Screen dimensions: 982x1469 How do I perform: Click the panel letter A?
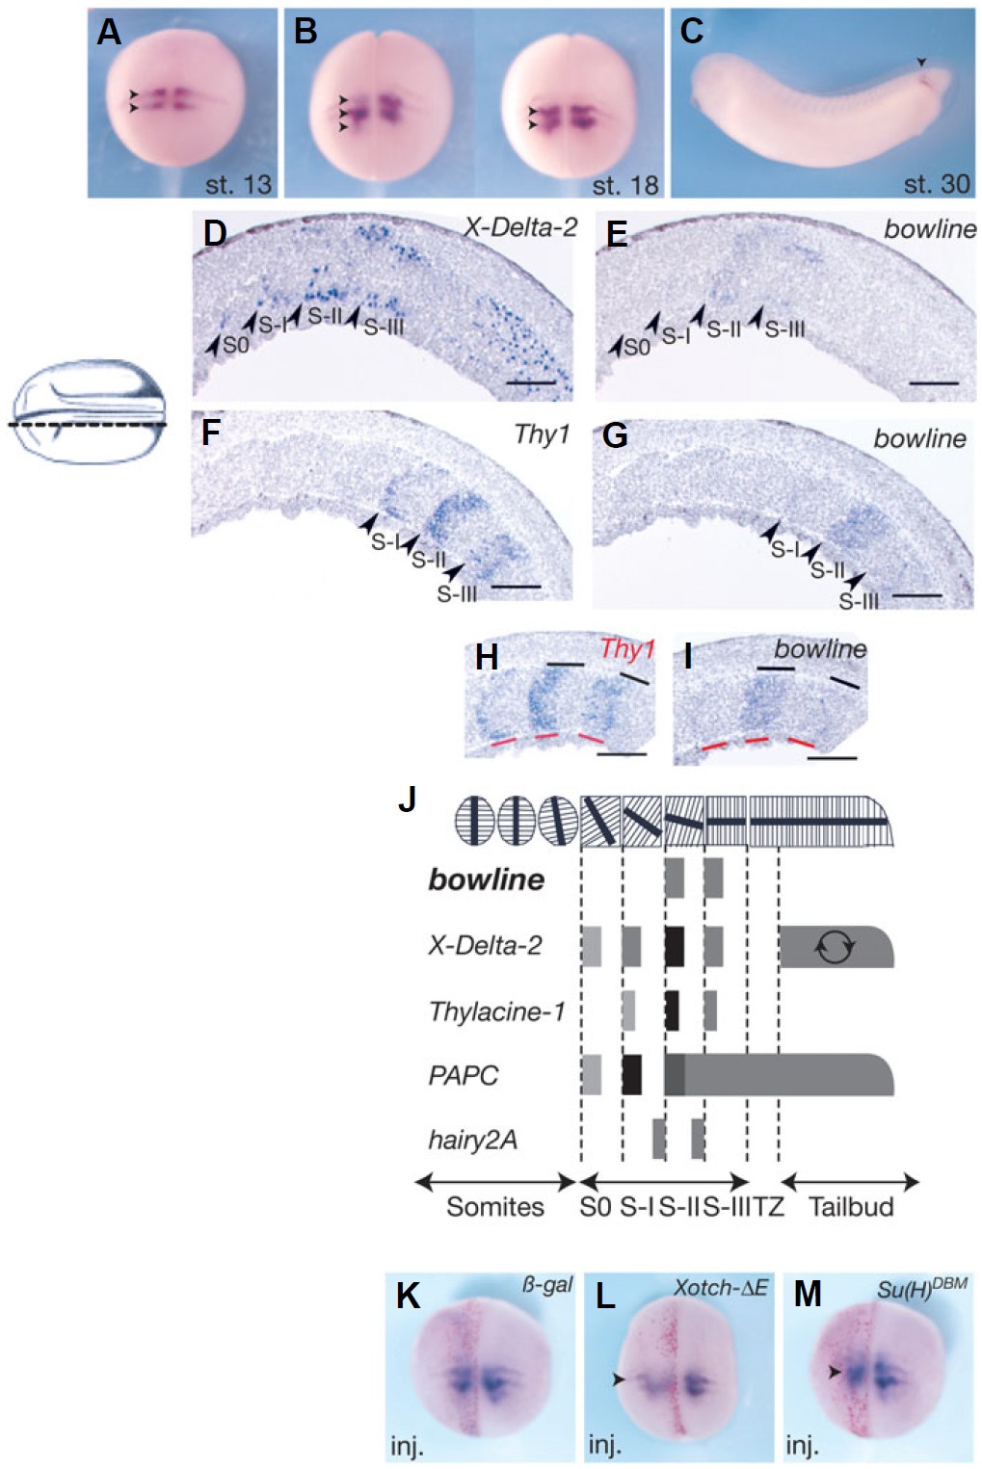(x=109, y=32)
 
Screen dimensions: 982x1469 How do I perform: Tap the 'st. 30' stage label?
(x=936, y=184)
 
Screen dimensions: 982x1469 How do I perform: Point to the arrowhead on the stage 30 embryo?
(x=922, y=62)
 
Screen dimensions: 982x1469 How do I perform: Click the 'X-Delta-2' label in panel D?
(x=520, y=227)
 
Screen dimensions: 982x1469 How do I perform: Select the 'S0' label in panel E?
(x=636, y=346)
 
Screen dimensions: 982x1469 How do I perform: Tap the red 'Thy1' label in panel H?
(x=627, y=648)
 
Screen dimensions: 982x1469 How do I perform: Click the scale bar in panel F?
(x=517, y=587)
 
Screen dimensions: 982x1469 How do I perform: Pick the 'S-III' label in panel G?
(x=859, y=601)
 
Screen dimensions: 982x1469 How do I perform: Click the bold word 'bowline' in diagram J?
(x=486, y=879)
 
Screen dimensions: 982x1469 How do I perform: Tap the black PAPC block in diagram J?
(x=632, y=1074)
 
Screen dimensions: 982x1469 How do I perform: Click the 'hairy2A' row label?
(x=472, y=1140)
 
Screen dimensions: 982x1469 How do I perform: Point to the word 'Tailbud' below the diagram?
(x=851, y=1207)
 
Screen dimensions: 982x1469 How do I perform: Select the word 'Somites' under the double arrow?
(x=495, y=1207)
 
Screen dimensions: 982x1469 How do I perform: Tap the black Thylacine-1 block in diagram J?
(x=672, y=1010)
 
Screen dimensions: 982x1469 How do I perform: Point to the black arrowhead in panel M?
(x=834, y=1372)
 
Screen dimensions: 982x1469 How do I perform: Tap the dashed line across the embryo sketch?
(x=88, y=425)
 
